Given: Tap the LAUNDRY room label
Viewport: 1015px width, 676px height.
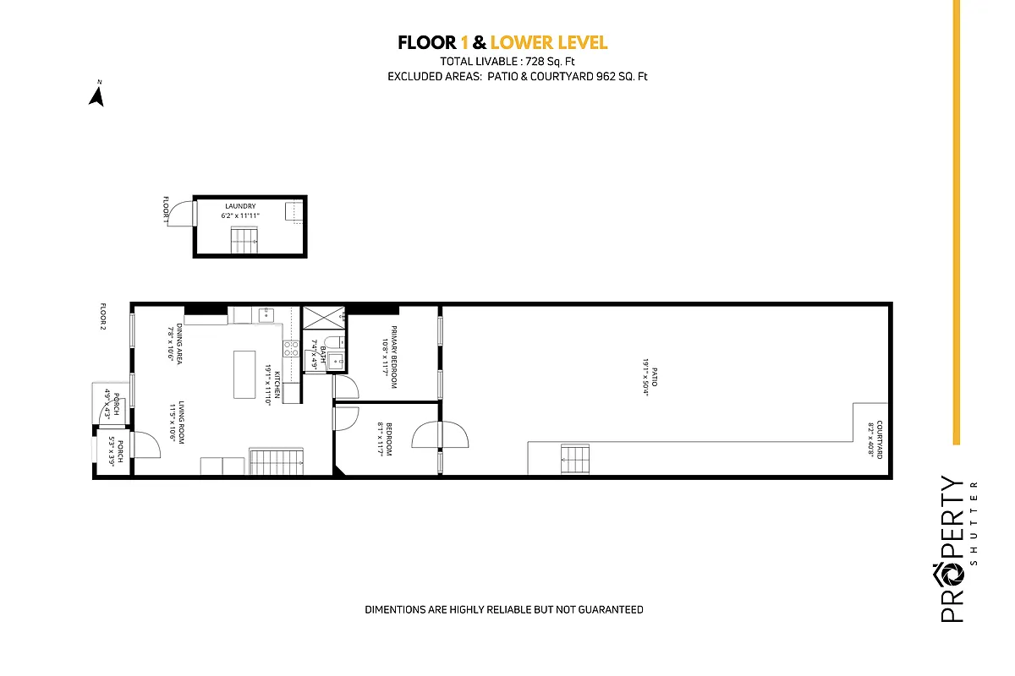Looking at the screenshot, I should [x=240, y=206].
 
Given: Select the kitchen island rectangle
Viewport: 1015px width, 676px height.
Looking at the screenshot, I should [x=244, y=375].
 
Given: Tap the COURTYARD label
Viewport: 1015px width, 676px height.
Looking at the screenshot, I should [x=880, y=439].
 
